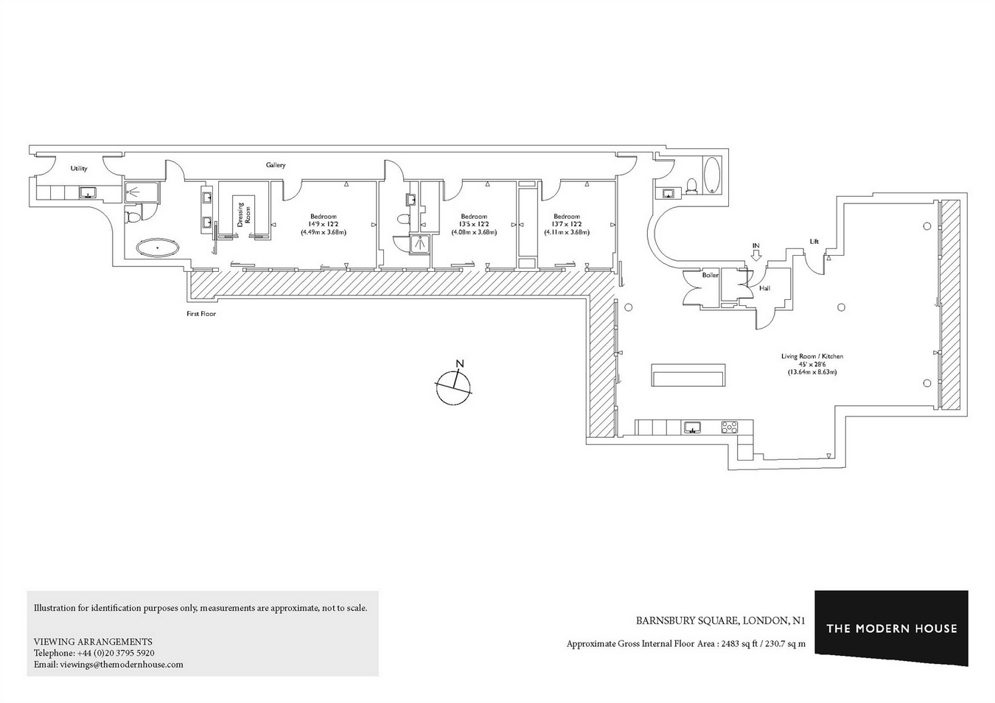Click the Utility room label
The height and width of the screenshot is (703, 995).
79,168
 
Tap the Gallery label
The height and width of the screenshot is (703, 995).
276,165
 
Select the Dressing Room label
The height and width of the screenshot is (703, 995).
244,214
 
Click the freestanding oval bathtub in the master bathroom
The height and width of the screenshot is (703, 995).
158,248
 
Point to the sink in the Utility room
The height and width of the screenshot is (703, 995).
88,192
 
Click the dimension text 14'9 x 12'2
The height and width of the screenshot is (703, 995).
324,224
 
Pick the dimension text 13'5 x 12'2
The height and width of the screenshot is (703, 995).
474,224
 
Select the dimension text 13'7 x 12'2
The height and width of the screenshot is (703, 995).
567,224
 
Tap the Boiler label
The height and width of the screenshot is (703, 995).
711,275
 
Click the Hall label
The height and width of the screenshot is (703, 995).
764,288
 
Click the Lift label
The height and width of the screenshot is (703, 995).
814,242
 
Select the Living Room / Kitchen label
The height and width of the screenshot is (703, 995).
812,356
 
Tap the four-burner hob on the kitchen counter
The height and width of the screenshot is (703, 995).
730,427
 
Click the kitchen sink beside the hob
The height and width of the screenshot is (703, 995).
692,427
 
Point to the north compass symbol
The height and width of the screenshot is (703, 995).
453,386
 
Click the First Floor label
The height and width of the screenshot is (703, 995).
201,313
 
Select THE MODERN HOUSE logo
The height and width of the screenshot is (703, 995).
892,628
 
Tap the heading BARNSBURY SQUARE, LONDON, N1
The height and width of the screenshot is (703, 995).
721,620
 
